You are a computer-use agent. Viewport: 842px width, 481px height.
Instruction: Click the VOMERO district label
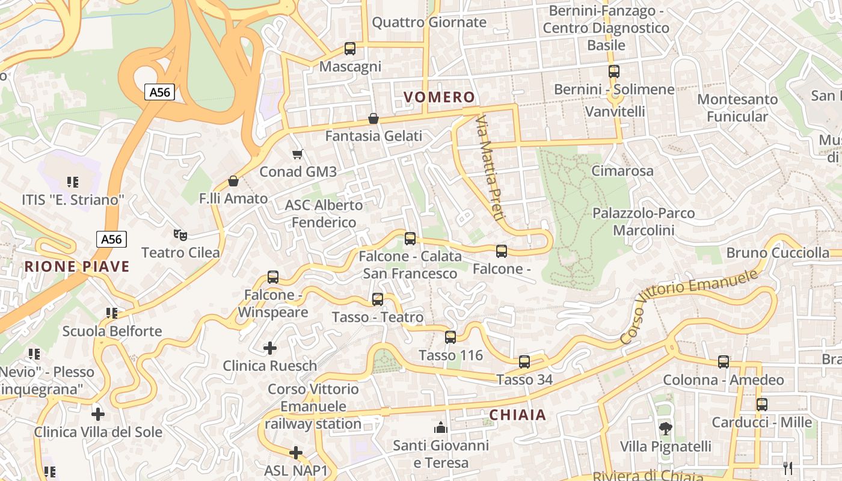pos(439,97)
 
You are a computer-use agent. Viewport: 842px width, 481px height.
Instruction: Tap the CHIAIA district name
pos(517,415)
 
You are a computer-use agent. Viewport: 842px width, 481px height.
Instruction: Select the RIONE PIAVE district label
pos(77,267)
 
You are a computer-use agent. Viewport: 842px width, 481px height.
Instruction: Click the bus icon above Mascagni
pos(349,49)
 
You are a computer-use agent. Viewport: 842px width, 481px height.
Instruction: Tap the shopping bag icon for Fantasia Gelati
pos(373,118)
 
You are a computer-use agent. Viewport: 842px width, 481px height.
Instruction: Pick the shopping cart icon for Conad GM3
pos(297,155)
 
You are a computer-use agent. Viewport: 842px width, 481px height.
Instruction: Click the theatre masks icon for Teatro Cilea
pos(179,234)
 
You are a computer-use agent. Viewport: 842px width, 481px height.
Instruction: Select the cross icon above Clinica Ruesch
pos(270,348)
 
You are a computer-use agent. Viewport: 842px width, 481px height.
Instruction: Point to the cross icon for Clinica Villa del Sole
pos(98,414)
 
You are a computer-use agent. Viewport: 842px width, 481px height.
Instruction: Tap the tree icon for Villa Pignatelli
pos(665,429)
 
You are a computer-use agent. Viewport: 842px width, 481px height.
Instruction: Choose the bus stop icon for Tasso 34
pos(524,362)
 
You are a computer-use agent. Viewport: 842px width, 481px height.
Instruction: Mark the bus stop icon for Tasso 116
pos(450,337)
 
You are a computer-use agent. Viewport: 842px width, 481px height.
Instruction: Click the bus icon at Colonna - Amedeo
pos(724,362)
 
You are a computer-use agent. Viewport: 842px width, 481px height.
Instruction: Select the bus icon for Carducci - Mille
pos(762,404)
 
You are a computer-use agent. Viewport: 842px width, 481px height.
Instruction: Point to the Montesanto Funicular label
pos(737,108)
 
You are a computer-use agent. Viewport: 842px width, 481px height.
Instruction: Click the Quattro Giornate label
pos(429,22)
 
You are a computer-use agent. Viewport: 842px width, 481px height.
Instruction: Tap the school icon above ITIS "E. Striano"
pos(73,182)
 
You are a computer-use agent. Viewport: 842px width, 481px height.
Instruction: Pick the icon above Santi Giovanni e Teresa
pos(441,427)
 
